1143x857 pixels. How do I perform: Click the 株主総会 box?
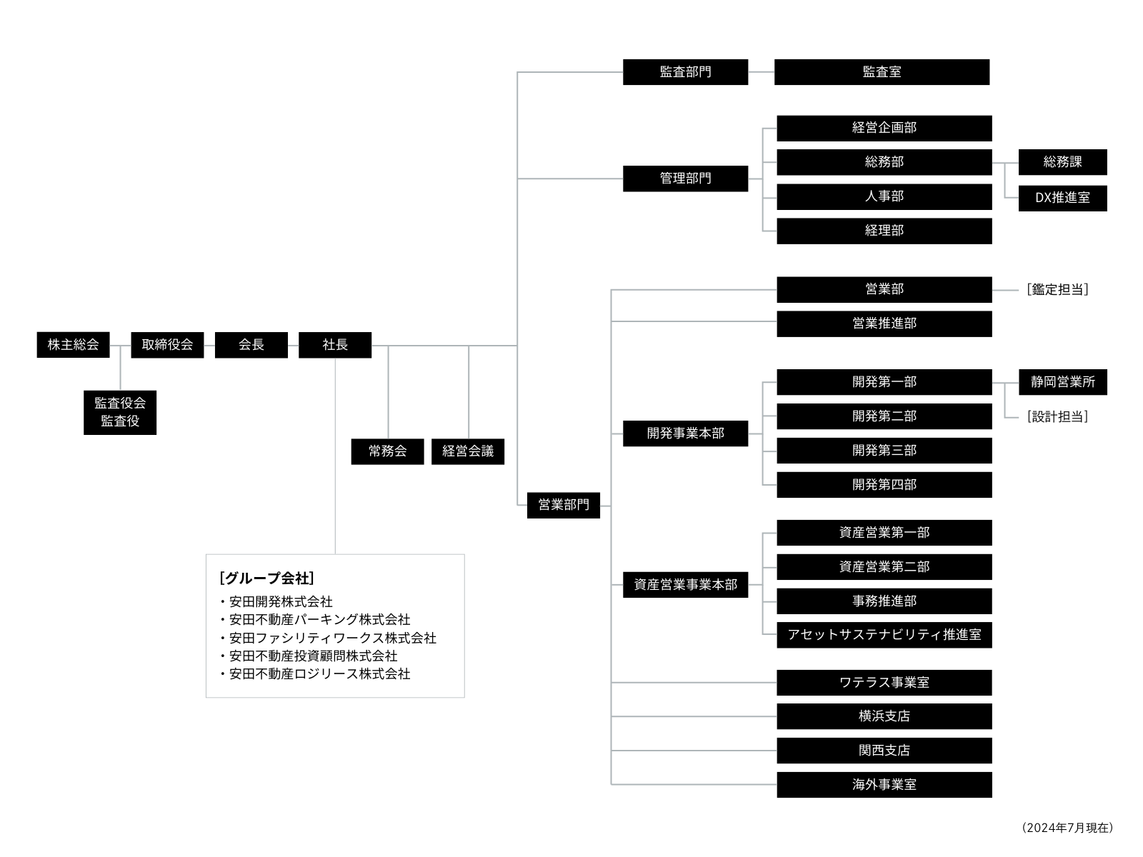[x=73, y=345]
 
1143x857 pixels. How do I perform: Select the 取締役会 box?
[x=167, y=345]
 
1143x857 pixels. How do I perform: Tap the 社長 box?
[x=334, y=345]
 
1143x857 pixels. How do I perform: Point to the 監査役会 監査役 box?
[x=120, y=412]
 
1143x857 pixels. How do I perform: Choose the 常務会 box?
[x=387, y=451]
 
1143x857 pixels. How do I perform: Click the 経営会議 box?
[x=468, y=451]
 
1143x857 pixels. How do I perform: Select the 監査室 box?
[x=882, y=72]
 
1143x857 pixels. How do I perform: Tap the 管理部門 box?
[x=685, y=179]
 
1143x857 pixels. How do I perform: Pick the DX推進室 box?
[x=1062, y=198]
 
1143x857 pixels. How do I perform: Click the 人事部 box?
[x=884, y=196]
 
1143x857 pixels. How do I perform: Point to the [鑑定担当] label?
[x=1057, y=290]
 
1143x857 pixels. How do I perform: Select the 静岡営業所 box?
[x=1062, y=382]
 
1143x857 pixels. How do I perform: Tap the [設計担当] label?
[x=1057, y=417]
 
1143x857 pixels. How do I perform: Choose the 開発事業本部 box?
[x=685, y=433]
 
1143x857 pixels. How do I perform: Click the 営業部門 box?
[x=563, y=505]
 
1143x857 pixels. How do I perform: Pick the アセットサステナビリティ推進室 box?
[x=884, y=635]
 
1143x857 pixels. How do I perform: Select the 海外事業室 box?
[x=884, y=785]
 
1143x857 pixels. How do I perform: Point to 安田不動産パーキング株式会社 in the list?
[x=319, y=620]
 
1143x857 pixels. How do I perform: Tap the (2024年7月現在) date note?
[x=1067, y=828]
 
